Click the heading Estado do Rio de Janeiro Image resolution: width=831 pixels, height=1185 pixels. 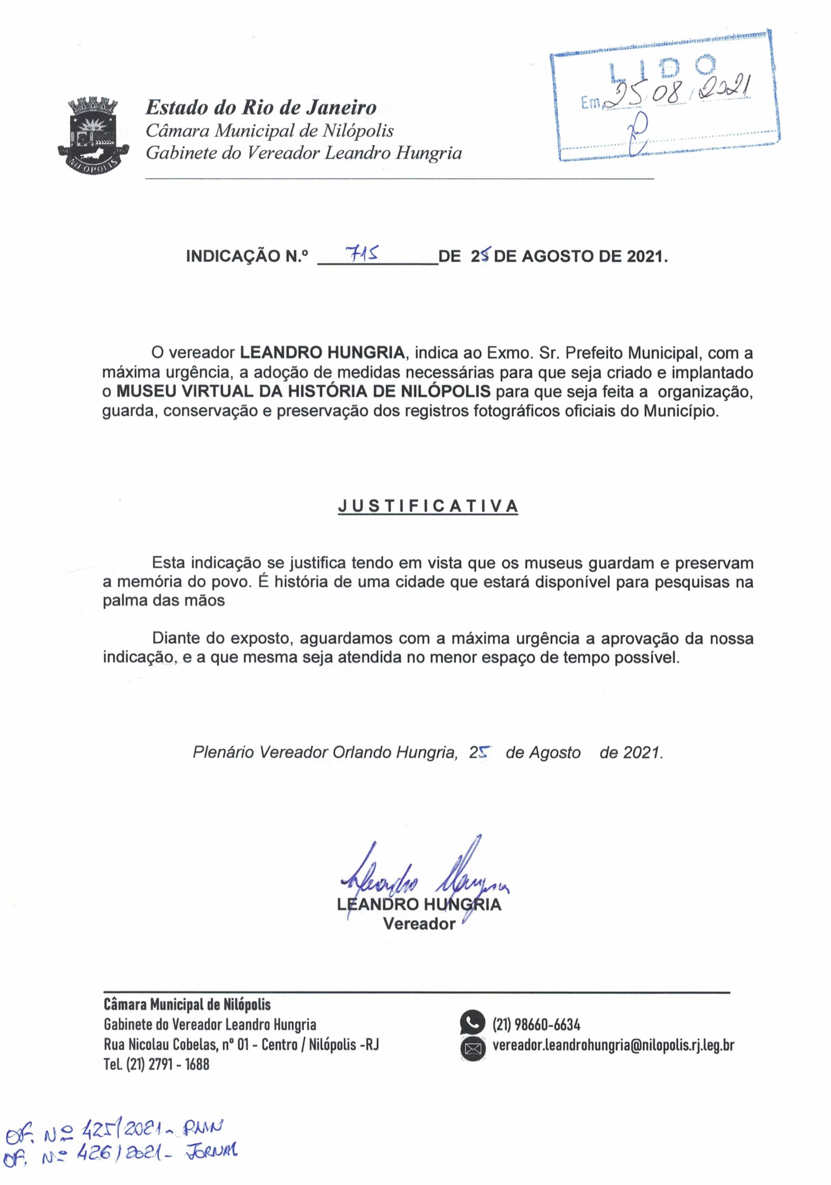[261, 108]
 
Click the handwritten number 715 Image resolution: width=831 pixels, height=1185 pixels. [362, 252]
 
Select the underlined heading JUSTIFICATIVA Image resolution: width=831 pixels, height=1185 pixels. [428, 506]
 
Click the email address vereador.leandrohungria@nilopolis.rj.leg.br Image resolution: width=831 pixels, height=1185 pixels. [613, 1045]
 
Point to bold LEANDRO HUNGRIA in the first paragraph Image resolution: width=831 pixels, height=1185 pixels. [322, 353]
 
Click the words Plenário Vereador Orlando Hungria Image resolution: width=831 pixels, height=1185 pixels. [325, 752]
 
